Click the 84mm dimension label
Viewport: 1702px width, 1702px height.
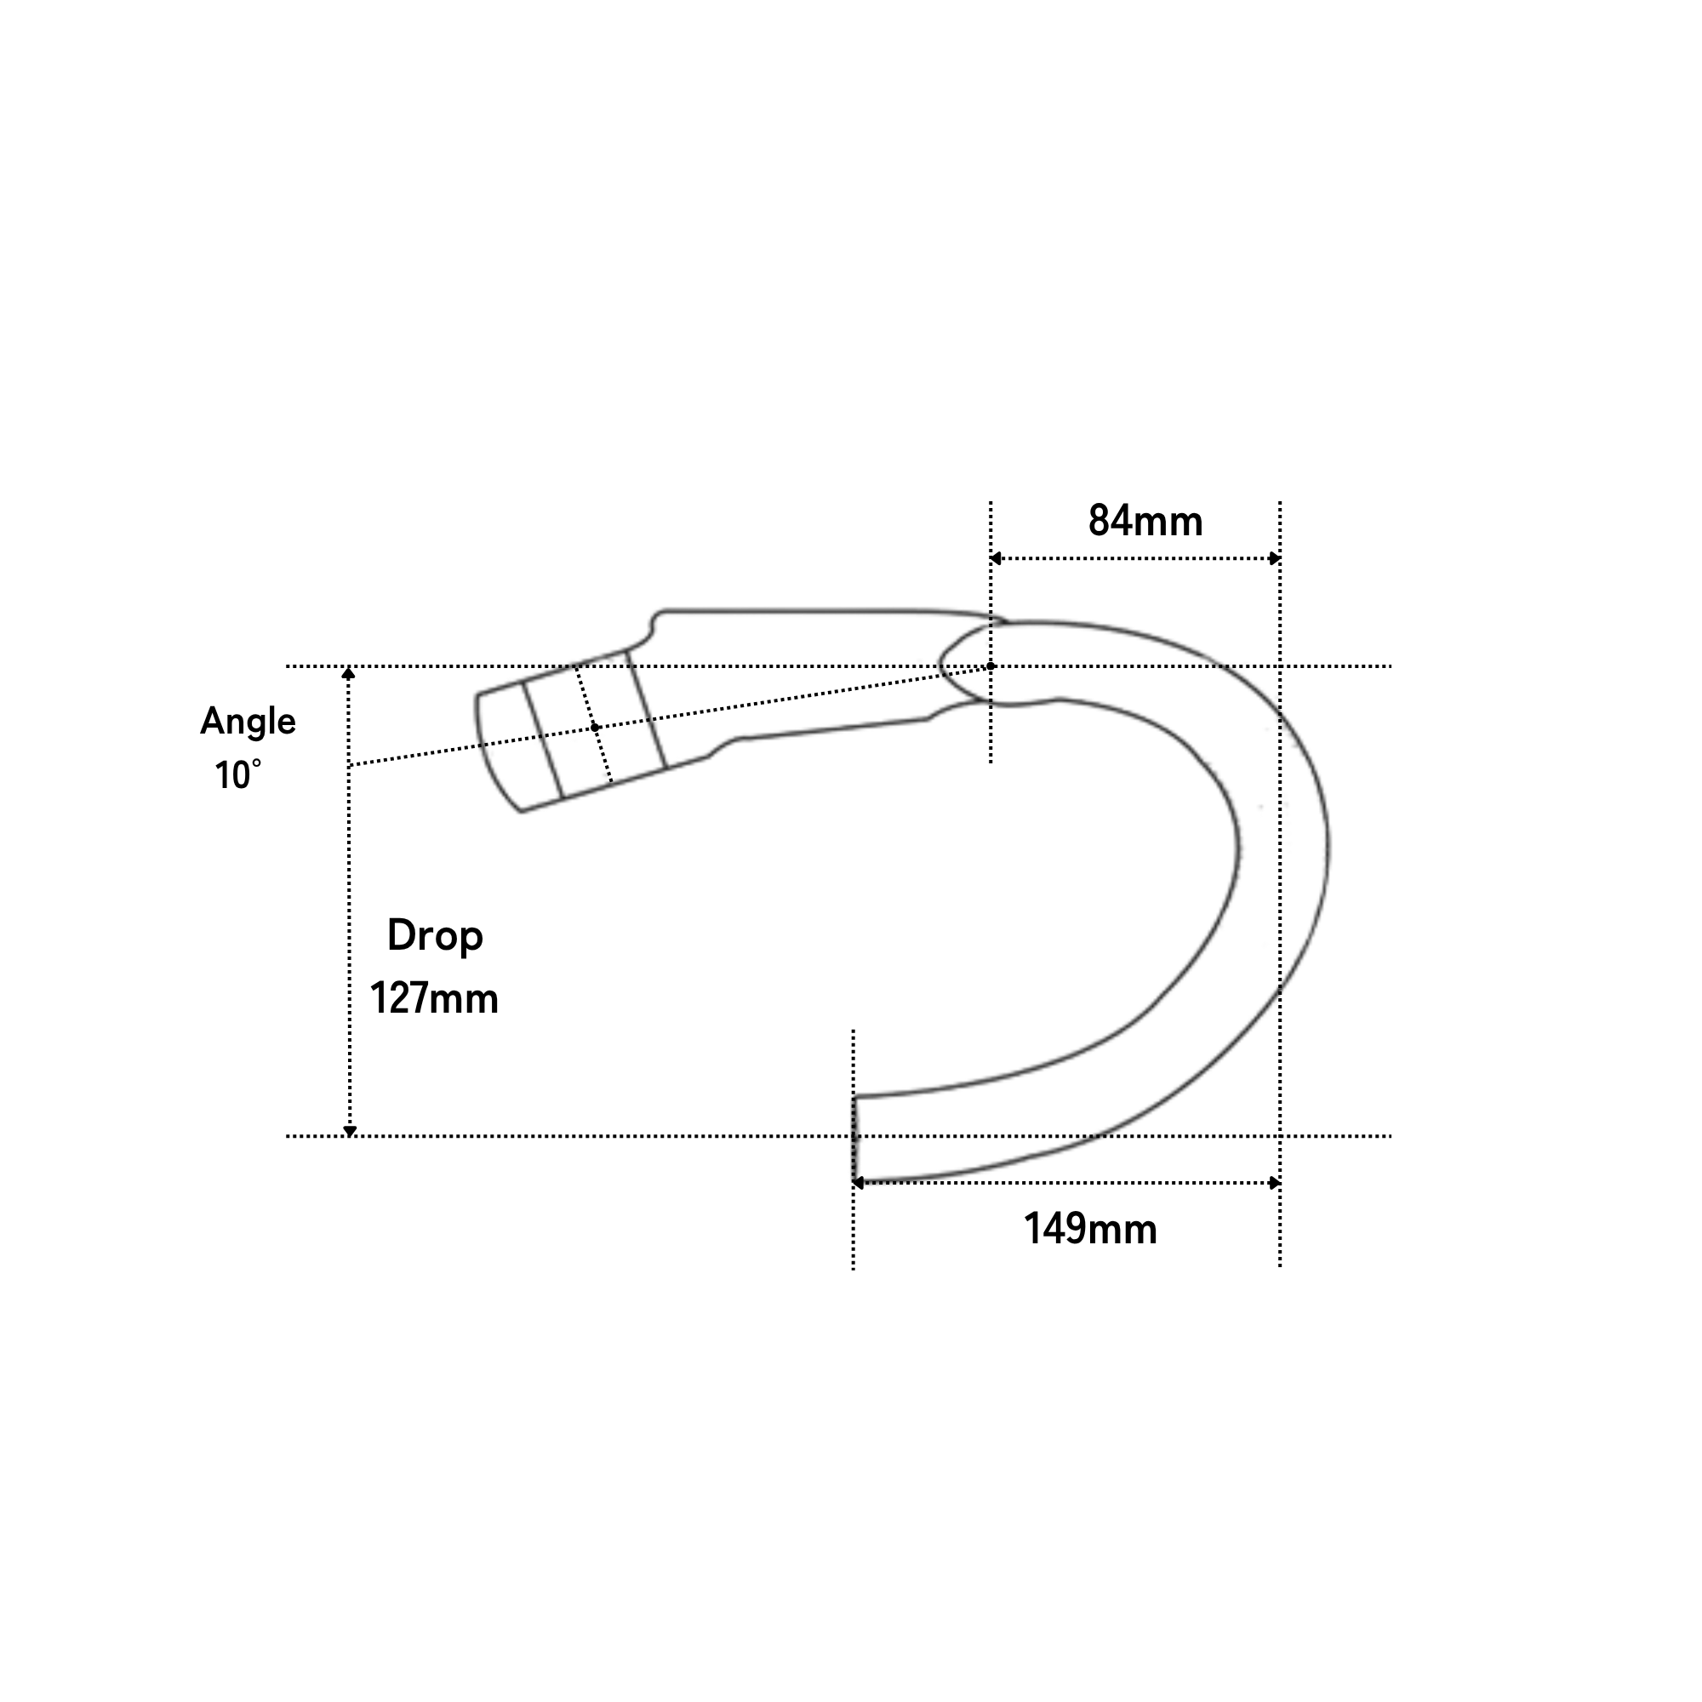click(1145, 521)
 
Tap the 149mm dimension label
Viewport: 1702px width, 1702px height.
click(1090, 1229)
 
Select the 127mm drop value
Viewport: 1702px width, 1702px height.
click(433, 998)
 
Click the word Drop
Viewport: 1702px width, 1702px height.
click(435, 936)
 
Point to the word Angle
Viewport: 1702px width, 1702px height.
click(248, 722)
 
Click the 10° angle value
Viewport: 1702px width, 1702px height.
click(238, 775)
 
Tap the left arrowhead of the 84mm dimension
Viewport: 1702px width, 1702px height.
click(997, 558)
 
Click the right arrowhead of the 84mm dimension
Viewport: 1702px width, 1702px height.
click(1274, 558)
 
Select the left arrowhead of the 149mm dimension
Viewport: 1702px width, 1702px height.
click(858, 1183)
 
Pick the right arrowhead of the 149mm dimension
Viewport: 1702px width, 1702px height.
click(1274, 1183)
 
